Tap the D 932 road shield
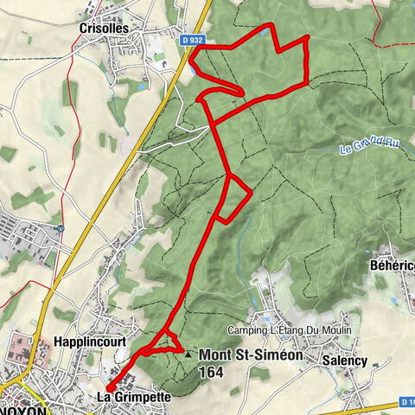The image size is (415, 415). [x=194, y=40]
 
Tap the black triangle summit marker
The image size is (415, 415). [x=188, y=353]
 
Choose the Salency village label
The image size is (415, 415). [x=344, y=361]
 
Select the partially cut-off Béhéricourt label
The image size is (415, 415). [x=393, y=265]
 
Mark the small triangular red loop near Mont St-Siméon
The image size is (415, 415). [x=163, y=343]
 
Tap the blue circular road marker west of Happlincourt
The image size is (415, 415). [x=61, y=227]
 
